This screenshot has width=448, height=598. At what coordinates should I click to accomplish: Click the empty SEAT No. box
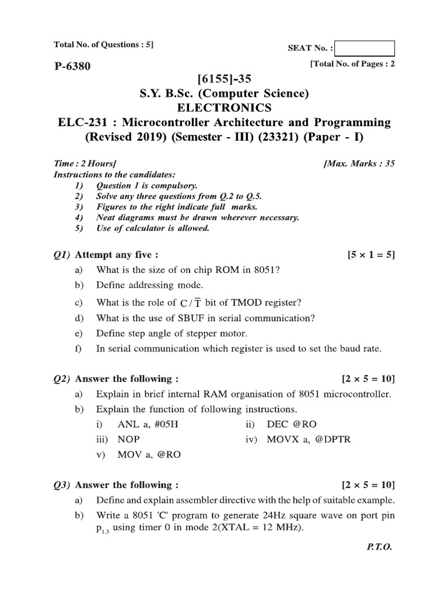tap(365, 48)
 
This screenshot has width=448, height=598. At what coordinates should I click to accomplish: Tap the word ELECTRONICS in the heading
tap(223, 107)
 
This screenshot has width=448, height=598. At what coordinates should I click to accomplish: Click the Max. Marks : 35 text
tap(359, 164)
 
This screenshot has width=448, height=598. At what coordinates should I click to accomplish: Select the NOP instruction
tap(128, 440)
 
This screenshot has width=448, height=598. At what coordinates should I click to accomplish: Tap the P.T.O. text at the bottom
tap(380, 548)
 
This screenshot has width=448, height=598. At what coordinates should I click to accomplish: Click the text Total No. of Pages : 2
tap(353, 64)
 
